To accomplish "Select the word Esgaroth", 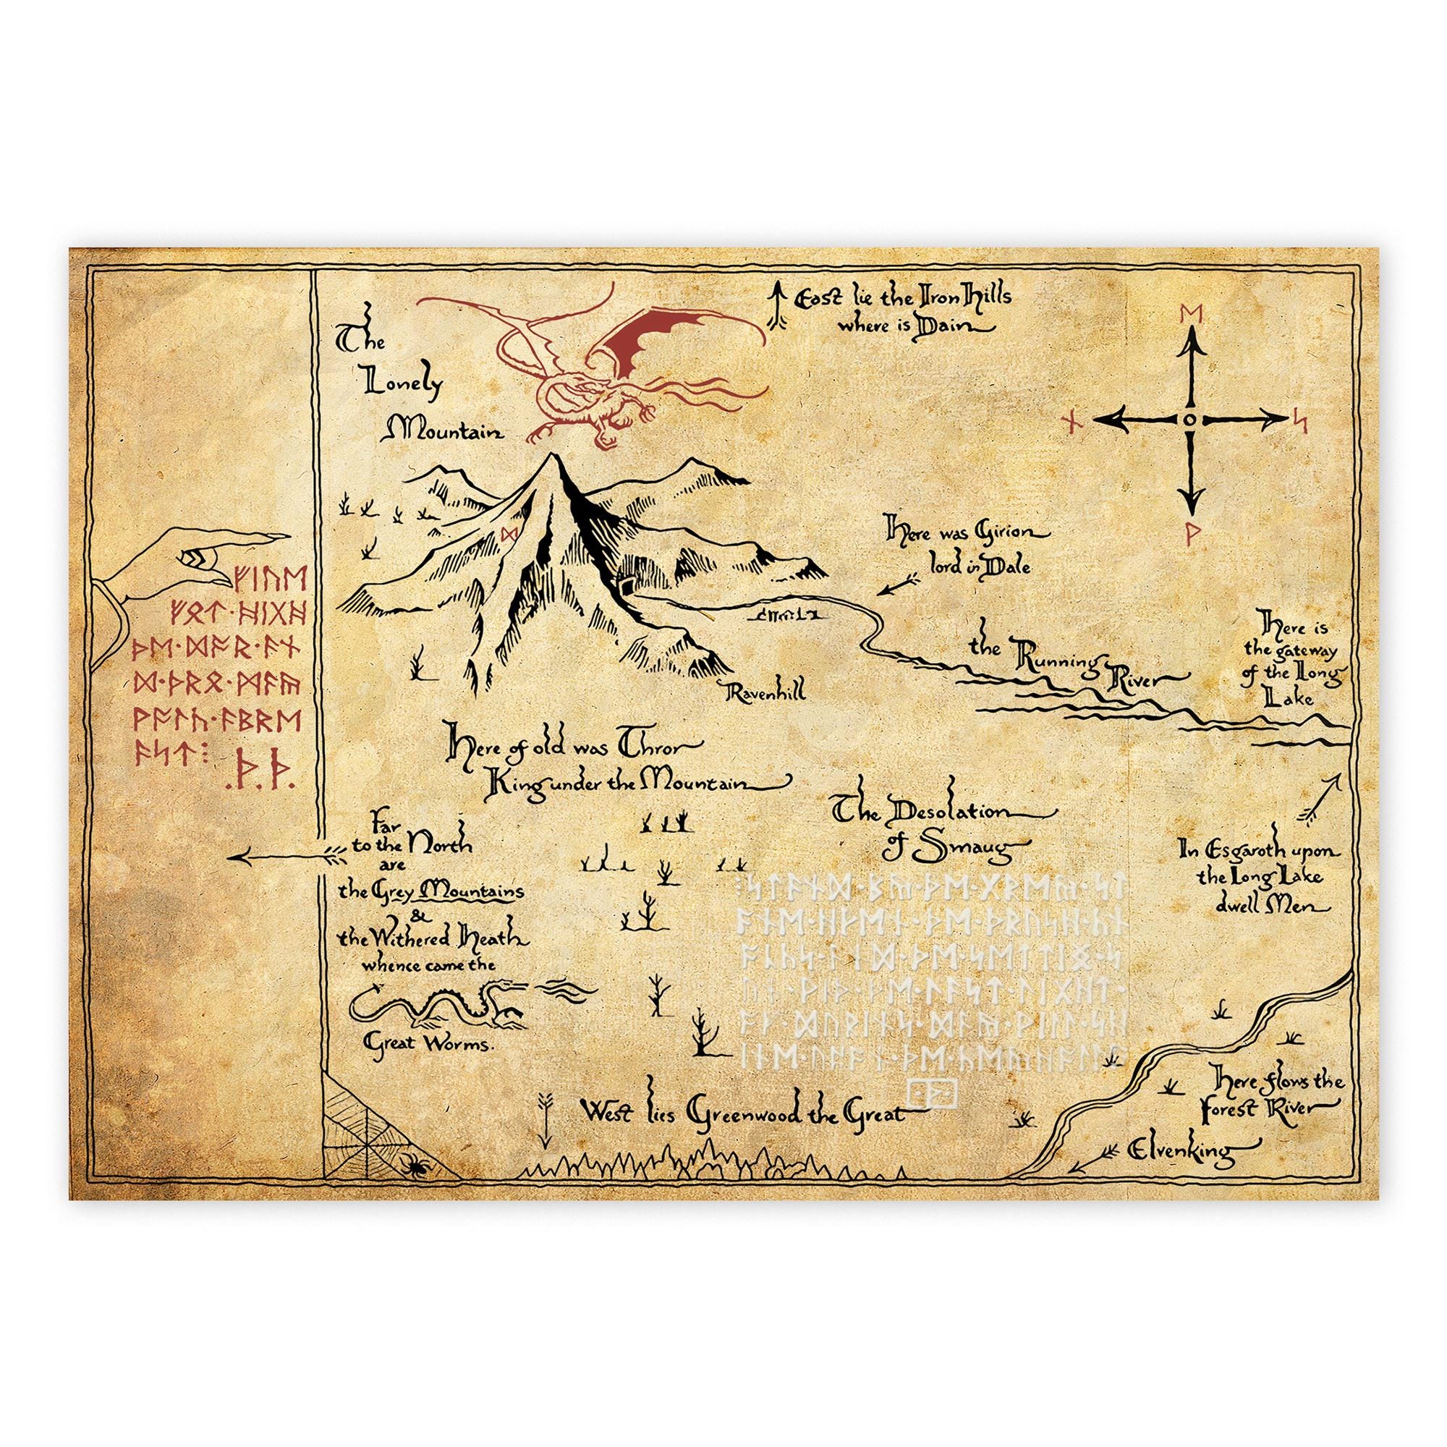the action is [1234, 852].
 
